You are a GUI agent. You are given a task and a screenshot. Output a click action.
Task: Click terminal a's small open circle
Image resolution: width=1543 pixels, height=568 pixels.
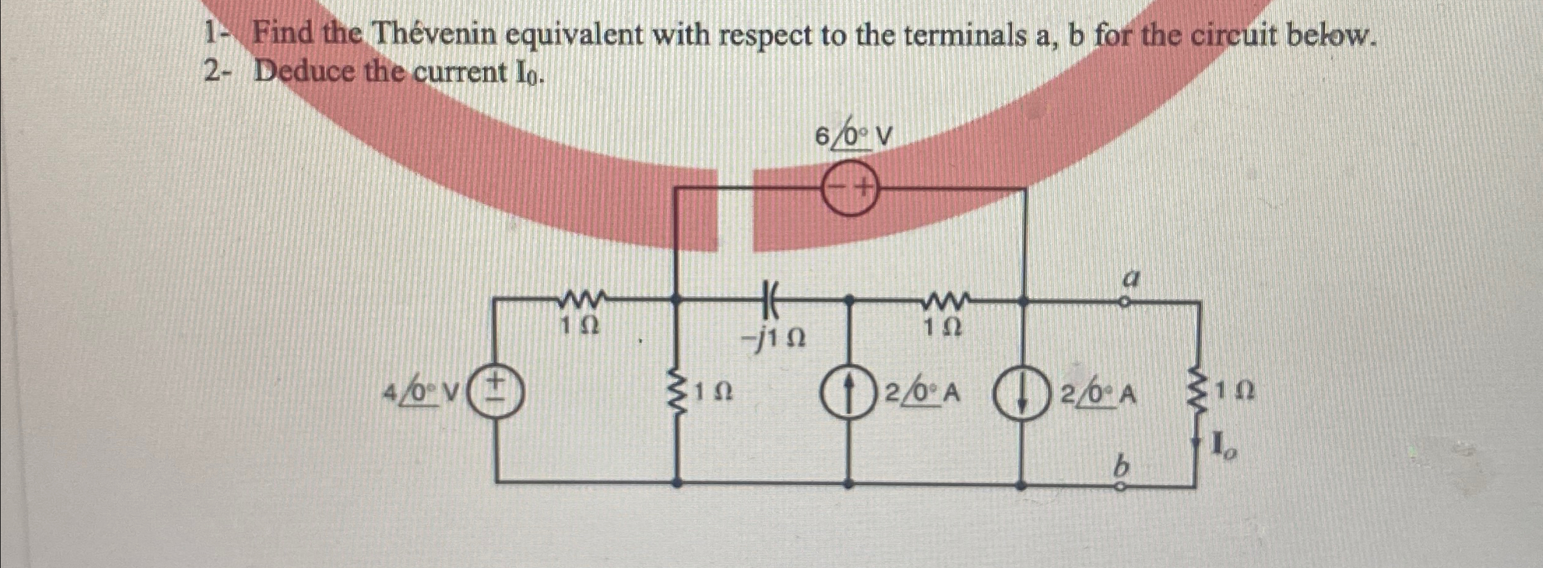pyautogui.click(x=1124, y=302)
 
